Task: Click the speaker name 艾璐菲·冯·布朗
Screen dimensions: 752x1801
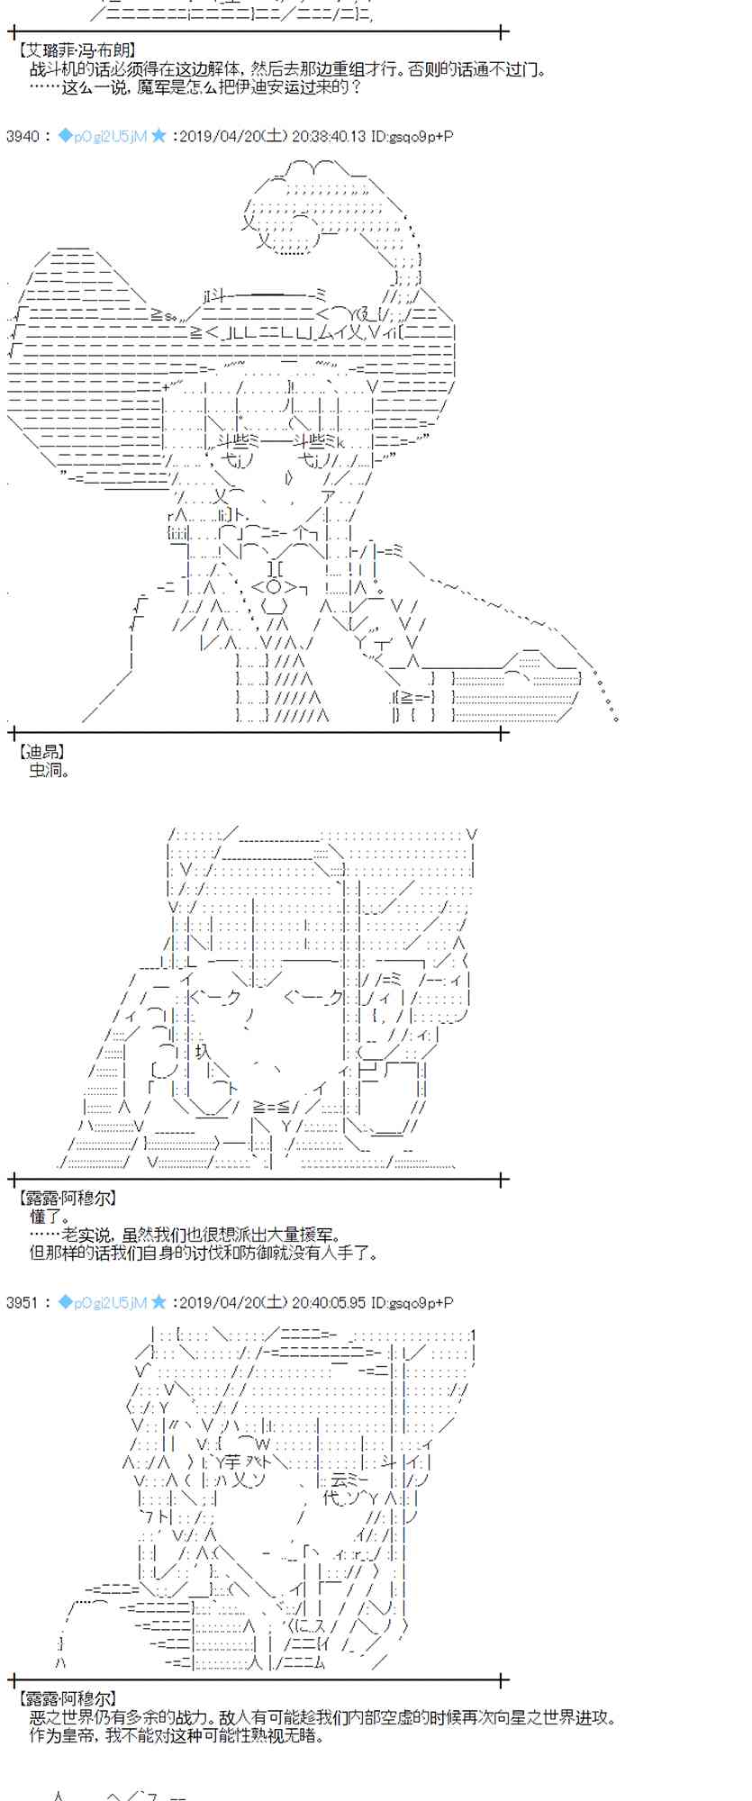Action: coord(77,52)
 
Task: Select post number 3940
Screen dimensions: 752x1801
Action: coord(23,136)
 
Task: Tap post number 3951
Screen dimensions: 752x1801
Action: coord(23,1302)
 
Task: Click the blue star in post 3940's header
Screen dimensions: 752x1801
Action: coord(159,136)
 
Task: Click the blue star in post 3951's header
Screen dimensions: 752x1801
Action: coord(159,1302)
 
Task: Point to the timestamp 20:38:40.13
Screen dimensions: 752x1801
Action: coord(330,136)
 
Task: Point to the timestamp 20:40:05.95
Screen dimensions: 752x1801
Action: coord(330,1302)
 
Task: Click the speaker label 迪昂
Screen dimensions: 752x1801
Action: coord(41,751)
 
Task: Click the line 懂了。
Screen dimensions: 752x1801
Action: coord(49,1217)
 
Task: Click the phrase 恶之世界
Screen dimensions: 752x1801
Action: coord(60,1717)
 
